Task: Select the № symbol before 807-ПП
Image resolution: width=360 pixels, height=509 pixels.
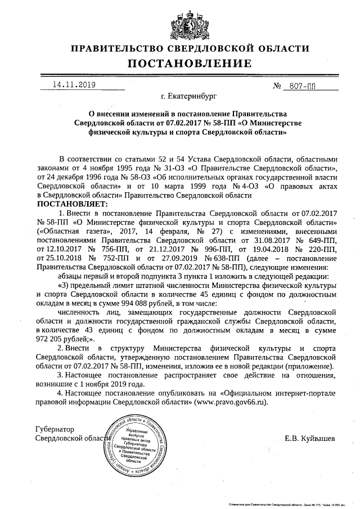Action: tap(277, 87)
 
